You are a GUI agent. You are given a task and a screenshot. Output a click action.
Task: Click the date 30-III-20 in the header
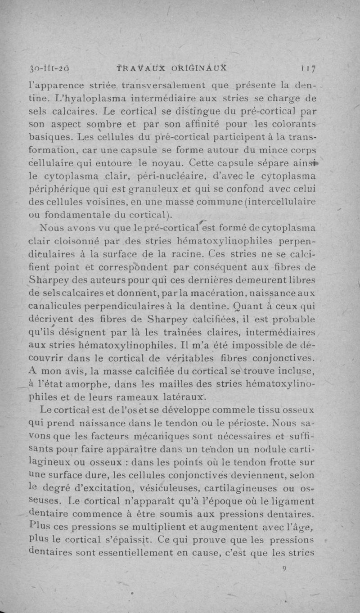tap(48, 68)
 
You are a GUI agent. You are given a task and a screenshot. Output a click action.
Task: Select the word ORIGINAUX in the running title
tap(200, 68)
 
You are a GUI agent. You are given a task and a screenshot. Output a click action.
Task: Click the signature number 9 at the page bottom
tap(284, 568)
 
